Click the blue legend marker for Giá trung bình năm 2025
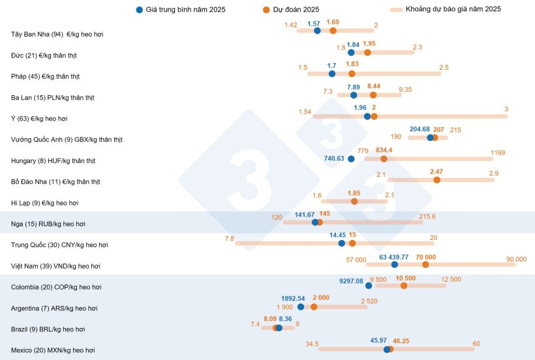[x=140, y=10]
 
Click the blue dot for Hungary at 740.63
[x=351, y=158]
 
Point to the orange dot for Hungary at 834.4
[x=384, y=158]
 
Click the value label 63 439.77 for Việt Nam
[x=393, y=257]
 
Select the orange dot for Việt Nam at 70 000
[x=425, y=264]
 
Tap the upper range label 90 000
[x=515, y=259]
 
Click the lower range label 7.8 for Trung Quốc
[x=229, y=239]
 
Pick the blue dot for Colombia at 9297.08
[x=369, y=285]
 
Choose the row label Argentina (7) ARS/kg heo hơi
[x=57, y=308]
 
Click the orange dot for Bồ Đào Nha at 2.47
[x=436, y=180]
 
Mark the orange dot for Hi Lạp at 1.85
[x=354, y=202]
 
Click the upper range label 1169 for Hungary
[x=498, y=153]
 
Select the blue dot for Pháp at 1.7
[x=332, y=74]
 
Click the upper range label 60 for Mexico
[x=476, y=344]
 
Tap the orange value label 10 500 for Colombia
[x=405, y=278]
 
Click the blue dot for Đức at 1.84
[x=351, y=52]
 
